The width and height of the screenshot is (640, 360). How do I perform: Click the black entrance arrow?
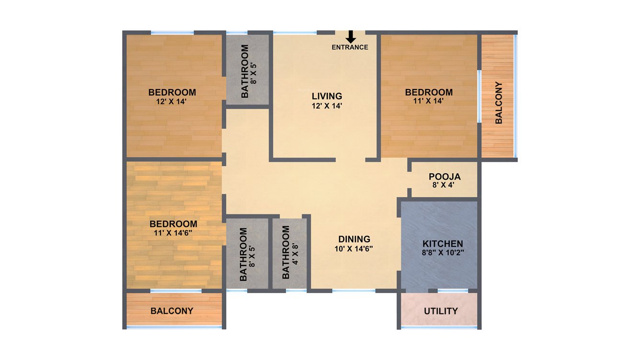coord(351,36)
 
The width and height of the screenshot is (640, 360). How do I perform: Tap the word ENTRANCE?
coord(350,47)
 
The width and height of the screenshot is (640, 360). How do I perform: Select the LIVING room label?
coord(326,96)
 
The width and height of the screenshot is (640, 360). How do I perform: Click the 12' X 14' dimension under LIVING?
coord(326,106)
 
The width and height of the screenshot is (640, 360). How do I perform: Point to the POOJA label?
coord(445,177)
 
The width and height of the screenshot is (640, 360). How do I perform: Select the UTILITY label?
coord(441,311)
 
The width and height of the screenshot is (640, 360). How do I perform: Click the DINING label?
coord(354,239)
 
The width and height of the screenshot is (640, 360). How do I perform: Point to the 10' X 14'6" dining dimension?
coord(354,248)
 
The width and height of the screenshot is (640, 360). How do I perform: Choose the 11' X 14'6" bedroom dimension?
coord(173,233)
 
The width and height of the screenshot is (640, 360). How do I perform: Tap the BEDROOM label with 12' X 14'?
coord(172,92)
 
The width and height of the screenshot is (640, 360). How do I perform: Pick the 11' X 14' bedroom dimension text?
coord(429,101)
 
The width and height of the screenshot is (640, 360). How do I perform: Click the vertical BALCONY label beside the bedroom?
coord(499,103)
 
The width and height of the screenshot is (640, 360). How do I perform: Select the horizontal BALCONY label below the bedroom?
coord(172,311)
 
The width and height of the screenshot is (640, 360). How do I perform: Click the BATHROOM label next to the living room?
coord(245,71)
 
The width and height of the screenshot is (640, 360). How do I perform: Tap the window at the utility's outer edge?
coord(439,327)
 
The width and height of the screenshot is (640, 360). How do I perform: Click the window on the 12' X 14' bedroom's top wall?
coord(172,33)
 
